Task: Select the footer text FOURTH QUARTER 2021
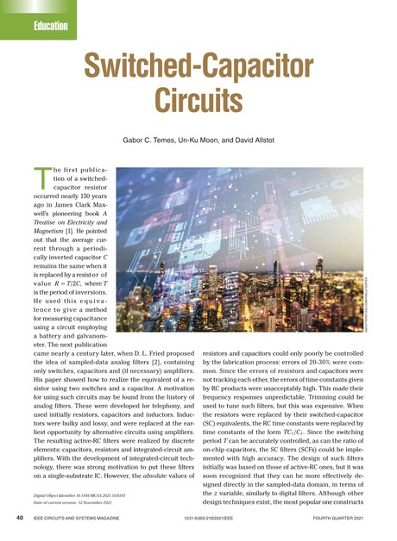point(345,519)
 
